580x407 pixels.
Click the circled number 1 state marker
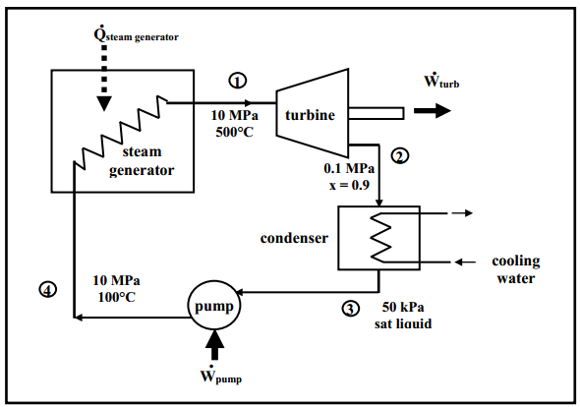238,81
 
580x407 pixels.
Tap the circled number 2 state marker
400,156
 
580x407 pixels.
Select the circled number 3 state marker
350,309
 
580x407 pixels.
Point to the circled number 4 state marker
48,289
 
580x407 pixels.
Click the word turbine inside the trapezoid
310,115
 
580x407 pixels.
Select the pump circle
214,305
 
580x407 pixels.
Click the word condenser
294,238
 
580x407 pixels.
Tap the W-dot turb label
441,80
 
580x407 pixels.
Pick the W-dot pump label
221,375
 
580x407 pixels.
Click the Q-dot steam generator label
136,34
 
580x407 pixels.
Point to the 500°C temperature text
235,132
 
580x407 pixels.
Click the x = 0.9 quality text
350,185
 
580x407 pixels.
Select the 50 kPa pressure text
403,307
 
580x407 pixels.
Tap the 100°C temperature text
117,297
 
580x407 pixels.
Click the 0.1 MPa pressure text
349,168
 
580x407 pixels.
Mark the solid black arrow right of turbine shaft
433,111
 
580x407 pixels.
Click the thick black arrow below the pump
214,345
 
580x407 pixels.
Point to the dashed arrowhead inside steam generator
104,103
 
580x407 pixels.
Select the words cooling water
516,269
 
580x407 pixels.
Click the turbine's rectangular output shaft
376,113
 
